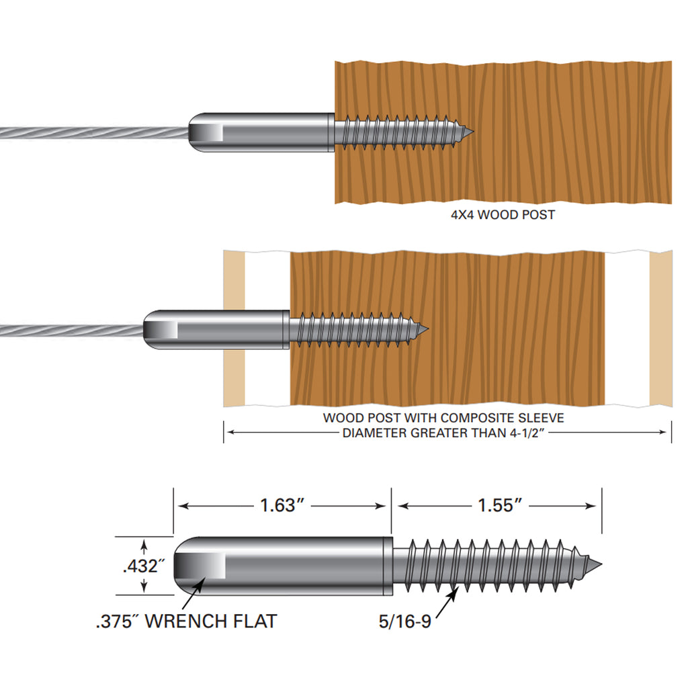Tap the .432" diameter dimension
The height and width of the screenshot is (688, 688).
click(144, 566)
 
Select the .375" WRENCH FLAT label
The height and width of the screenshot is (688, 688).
click(186, 621)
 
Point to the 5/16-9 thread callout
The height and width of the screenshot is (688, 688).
click(405, 621)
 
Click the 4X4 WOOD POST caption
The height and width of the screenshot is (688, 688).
click(503, 216)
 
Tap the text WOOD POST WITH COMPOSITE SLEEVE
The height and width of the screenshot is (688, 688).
click(443, 418)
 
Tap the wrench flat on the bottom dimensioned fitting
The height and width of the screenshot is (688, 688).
click(201, 566)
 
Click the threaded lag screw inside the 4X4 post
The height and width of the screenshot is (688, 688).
click(403, 131)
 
